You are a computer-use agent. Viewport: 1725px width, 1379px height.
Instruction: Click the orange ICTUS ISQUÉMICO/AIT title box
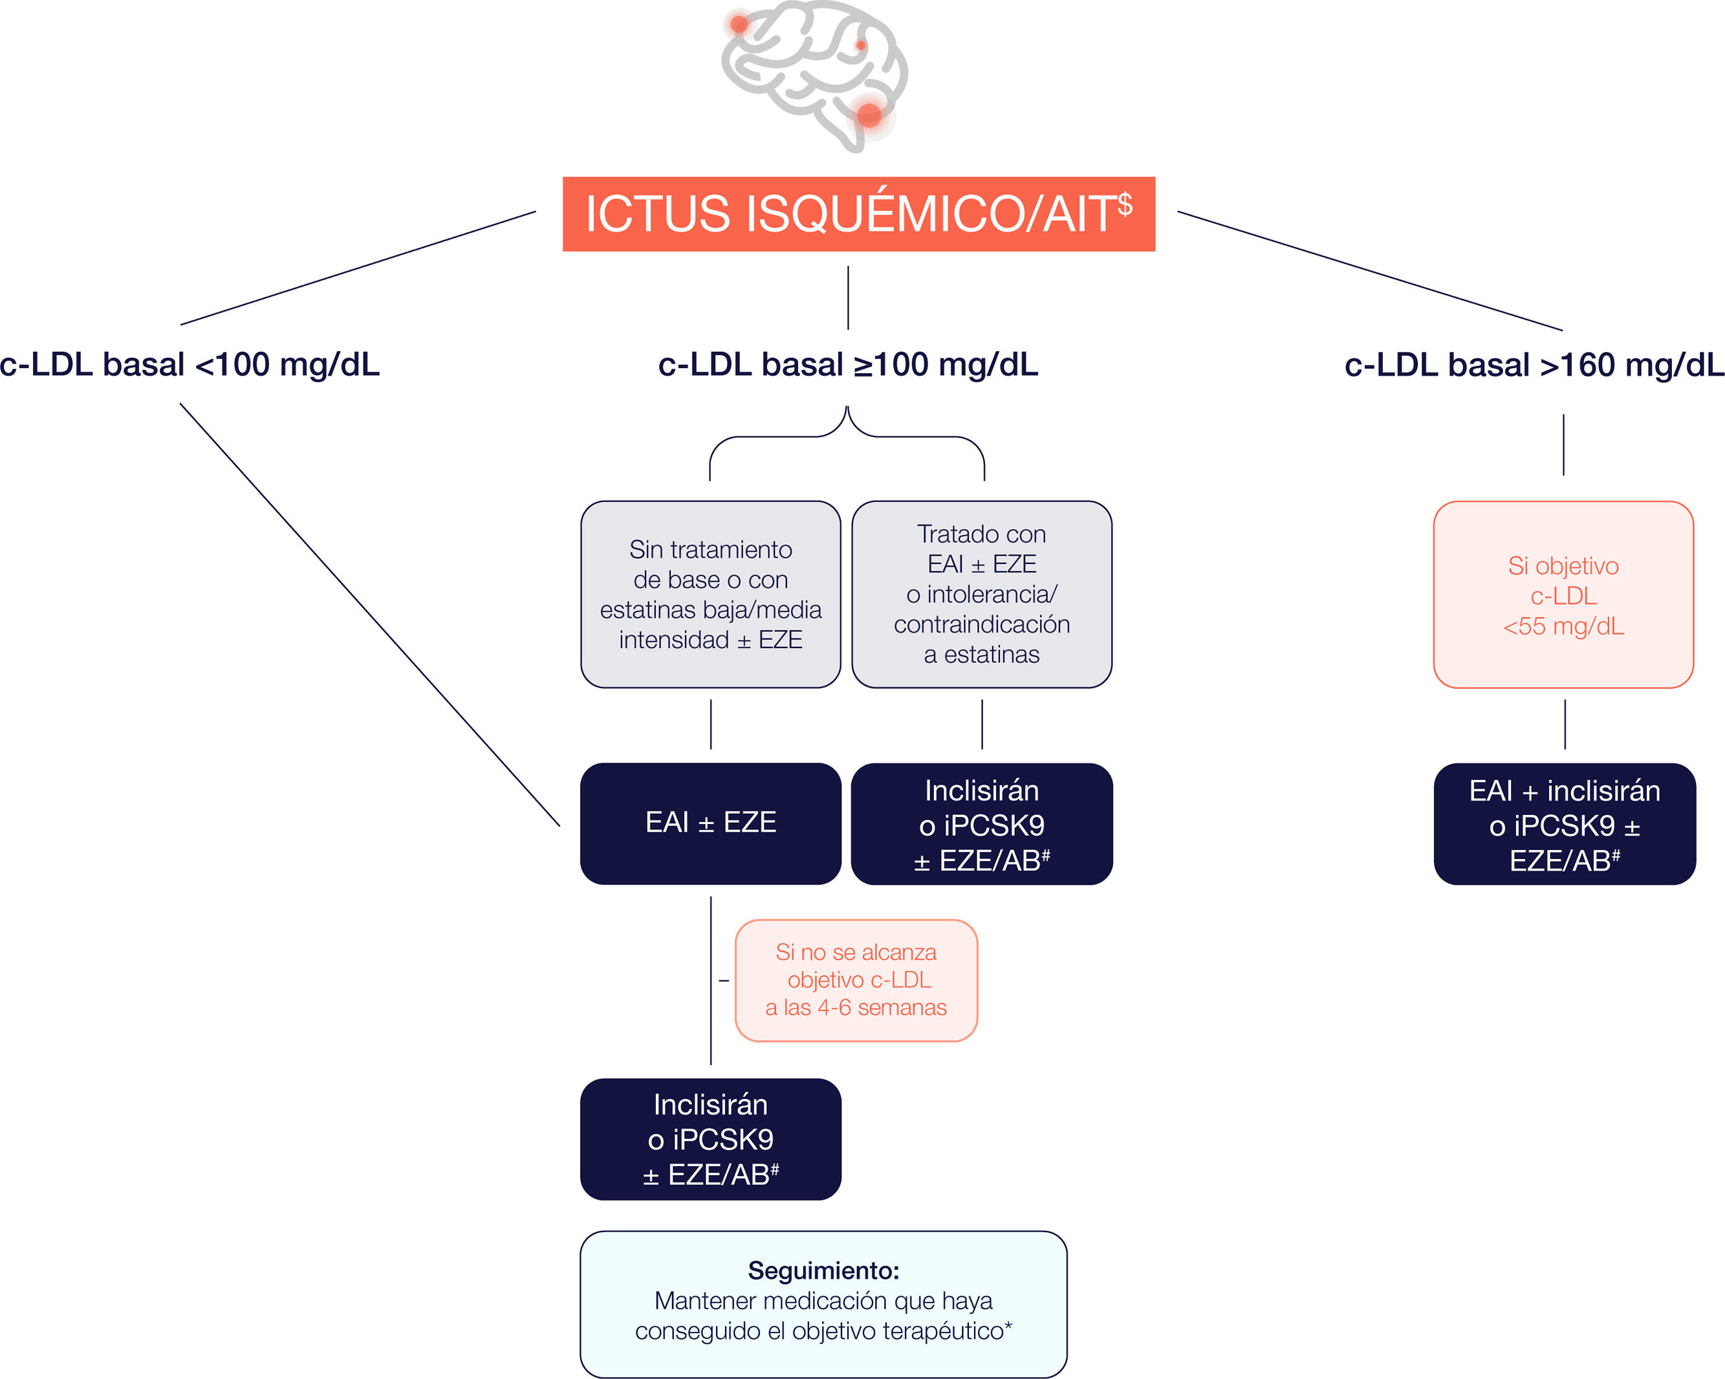click(x=858, y=213)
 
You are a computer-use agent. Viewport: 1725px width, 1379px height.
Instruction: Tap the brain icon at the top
click(x=814, y=76)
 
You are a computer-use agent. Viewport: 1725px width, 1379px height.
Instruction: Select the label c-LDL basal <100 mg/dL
click(x=190, y=365)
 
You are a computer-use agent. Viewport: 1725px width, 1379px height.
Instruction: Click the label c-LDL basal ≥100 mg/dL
click(x=848, y=365)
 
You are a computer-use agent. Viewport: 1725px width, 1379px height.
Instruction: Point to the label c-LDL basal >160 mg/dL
click(x=1534, y=365)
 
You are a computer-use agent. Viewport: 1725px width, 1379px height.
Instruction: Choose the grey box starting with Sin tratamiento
click(x=710, y=594)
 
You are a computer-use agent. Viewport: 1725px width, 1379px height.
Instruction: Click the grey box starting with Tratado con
click(x=982, y=594)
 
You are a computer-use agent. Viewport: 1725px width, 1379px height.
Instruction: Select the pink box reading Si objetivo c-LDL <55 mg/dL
click(x=1563, y=594)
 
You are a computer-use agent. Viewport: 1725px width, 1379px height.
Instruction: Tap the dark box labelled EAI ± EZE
click(x=710, y=823)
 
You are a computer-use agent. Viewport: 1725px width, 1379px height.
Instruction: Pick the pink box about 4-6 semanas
click(x=856, y=980)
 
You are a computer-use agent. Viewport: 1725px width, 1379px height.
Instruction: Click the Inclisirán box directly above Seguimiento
click(x=710, y=1139)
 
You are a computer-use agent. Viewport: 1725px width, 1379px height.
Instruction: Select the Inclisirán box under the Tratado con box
click(x=982, y=823)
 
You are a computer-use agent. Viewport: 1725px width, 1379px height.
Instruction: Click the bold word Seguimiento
click(x=823, y=1270)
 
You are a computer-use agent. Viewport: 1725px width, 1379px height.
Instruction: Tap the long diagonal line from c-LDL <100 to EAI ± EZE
click(x=370, y=614)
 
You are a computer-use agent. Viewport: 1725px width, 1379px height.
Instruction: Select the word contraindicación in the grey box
click(x=982, y=625)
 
